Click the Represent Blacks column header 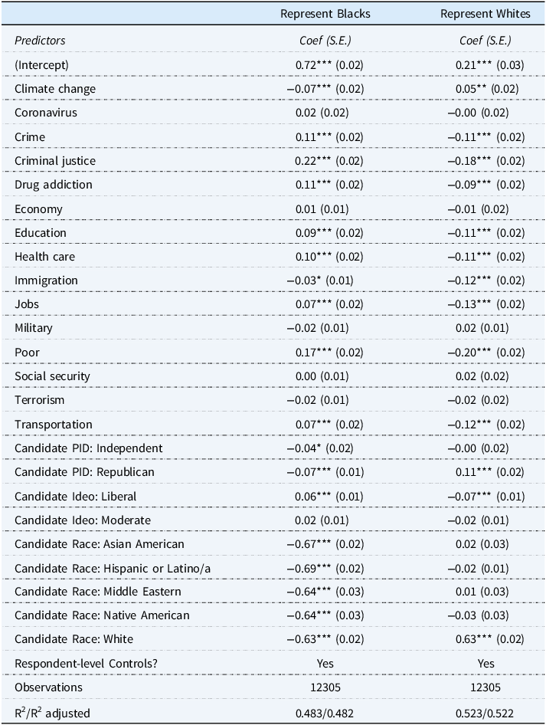[325, 14]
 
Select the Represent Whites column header [486, 14]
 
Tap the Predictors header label [40, 40]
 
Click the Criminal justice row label [55, 161]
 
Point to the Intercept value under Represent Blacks [329, 65]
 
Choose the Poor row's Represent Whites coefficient [486, 353]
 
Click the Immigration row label [46, 280]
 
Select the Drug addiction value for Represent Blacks [329, 185]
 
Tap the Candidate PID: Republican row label [84, 472]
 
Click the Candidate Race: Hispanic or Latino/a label [113, 568]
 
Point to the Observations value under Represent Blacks [325, 687]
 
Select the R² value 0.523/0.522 [486, 714]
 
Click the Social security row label [52, 376]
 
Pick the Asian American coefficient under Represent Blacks [325, 544]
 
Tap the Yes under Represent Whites [486, 664]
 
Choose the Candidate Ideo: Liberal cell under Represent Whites [486, 497]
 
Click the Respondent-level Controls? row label [86, 664]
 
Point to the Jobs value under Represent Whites [486, 304]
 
